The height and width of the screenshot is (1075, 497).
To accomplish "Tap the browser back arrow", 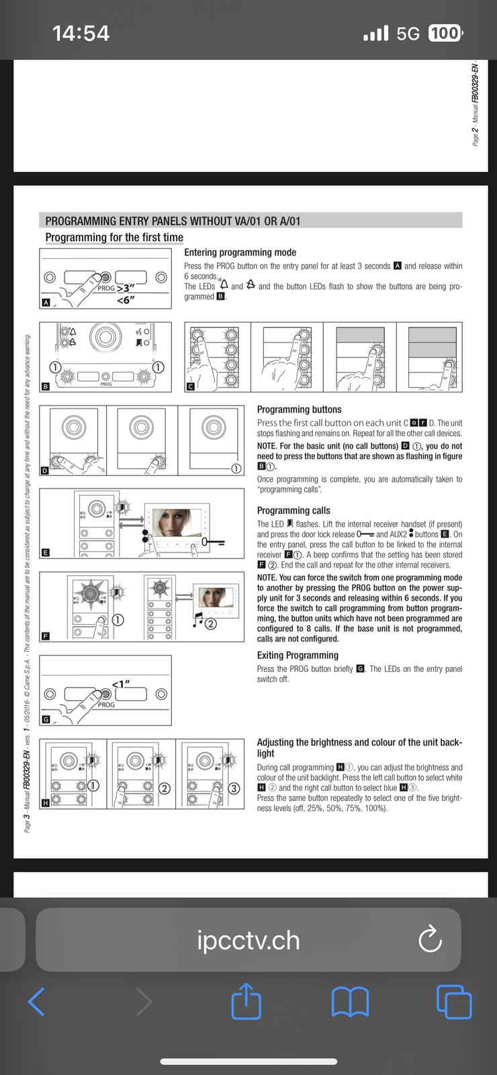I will click(37, 1001).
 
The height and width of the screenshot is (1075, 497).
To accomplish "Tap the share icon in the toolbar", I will click(246, 1001).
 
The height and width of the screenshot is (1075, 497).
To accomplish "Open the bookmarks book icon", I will click(350, 1001).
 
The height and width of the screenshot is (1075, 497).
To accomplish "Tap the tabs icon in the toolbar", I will click(454, 1001).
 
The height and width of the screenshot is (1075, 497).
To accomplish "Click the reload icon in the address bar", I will click(430, 940).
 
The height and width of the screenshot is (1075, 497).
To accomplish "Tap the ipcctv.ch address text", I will click(248, 941).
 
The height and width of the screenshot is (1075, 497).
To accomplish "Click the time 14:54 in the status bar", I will click(81, 33).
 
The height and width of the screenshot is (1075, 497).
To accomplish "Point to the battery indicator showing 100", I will click(445, 33).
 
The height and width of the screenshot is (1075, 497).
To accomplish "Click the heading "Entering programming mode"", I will click(240, 253).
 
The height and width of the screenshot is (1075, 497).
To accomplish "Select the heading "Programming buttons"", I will click(299, 409).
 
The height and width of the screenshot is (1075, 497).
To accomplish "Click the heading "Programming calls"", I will click(293, 511).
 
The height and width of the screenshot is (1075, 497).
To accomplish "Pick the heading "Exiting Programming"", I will click(298, 655).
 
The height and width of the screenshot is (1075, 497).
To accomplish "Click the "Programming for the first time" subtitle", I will click(114, 237).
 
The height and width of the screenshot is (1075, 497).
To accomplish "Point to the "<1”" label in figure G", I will click(121, 684).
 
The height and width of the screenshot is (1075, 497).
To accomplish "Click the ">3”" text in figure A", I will click(126, 288).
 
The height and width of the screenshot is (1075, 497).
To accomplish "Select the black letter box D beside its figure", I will click(45, 470).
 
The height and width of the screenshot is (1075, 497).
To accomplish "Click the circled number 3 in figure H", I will click(234, 788).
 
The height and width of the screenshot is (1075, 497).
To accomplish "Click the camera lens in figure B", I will click(105, 336).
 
